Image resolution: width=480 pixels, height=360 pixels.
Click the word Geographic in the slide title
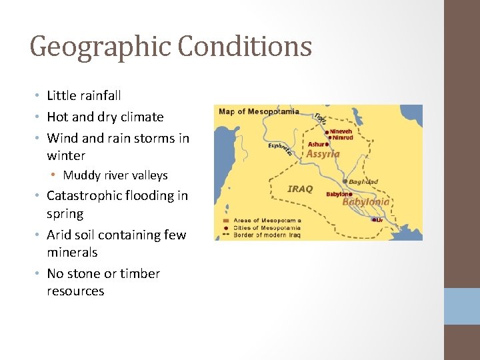(x=94, y=47)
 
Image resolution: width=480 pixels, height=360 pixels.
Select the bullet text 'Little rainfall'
(x=84, y=96)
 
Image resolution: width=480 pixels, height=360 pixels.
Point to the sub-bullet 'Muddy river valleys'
(x=115, y=175)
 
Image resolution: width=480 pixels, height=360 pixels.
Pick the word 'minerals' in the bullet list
(x=72, y=253)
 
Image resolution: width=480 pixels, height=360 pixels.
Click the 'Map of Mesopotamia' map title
(x=259, y=111)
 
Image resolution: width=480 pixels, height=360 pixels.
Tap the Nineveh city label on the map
(x=341, y=131)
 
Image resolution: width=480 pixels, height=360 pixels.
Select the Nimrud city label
(x=343, y=138)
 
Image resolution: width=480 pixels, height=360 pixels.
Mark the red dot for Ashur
(x=327, y=143)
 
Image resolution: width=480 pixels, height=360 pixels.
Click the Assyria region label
(x=323, y=154)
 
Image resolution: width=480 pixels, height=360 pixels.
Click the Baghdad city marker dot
(x=345, y=181)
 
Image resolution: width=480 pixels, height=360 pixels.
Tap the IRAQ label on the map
(x=300, y=189)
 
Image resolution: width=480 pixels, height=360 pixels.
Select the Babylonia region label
(x=366, y=201)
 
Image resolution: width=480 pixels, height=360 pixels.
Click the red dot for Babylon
(x=350, y=195)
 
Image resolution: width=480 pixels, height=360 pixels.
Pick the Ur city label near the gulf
(x=379, y=219)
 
